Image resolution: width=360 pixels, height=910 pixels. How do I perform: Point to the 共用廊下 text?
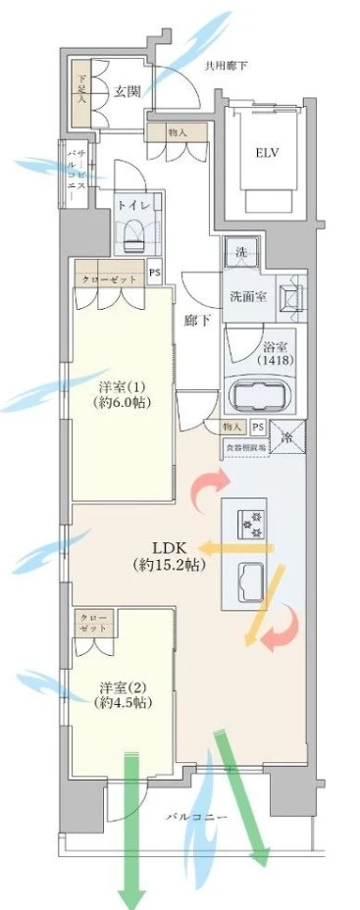(x=227, y=66)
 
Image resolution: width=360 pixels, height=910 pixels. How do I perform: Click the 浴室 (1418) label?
(x=273, y=352)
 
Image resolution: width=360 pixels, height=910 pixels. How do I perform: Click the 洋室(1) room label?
(x=118, y=393)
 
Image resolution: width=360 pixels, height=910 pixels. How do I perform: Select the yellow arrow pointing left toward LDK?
(x=235, y=548)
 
